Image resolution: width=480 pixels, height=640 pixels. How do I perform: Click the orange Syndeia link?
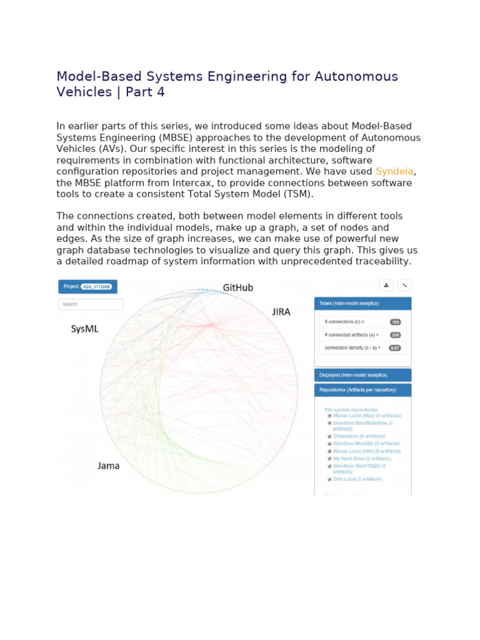[x=395, y=171]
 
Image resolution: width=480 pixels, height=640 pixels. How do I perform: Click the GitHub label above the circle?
[x=238, y=287]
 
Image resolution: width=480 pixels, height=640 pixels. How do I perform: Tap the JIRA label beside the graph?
[x=281, y=311]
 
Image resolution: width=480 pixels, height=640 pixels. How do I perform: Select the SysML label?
[x=84, y=329]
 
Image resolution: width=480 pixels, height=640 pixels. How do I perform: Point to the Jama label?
[x=108, y=466]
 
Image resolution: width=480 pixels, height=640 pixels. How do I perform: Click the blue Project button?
[x=87, y=286]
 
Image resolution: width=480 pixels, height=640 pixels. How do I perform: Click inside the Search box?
[x=91, y=304]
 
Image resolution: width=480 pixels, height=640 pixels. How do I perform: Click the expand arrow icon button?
[x=404, y=285]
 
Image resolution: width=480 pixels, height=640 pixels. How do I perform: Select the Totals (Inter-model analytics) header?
[x=362, y=303]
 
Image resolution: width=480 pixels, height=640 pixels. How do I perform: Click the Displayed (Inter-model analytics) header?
[x=362, y=375]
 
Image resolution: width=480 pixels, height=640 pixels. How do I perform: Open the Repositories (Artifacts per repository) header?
[x=362, y=391]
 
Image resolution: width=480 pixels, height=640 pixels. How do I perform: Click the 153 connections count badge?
[x=395, y=322]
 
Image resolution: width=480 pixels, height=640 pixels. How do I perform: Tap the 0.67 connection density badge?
[x=395, y=347]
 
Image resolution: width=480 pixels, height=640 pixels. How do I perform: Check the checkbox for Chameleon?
[x=329, y=436]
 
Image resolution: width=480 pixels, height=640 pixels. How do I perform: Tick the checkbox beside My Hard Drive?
[x=329, y=458]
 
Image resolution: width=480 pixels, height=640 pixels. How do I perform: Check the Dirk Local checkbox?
[x=329, y=479]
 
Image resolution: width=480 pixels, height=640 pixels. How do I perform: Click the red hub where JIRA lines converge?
[x=211, y=324]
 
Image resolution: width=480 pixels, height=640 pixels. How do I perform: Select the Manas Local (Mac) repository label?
[x=367, y=415]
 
